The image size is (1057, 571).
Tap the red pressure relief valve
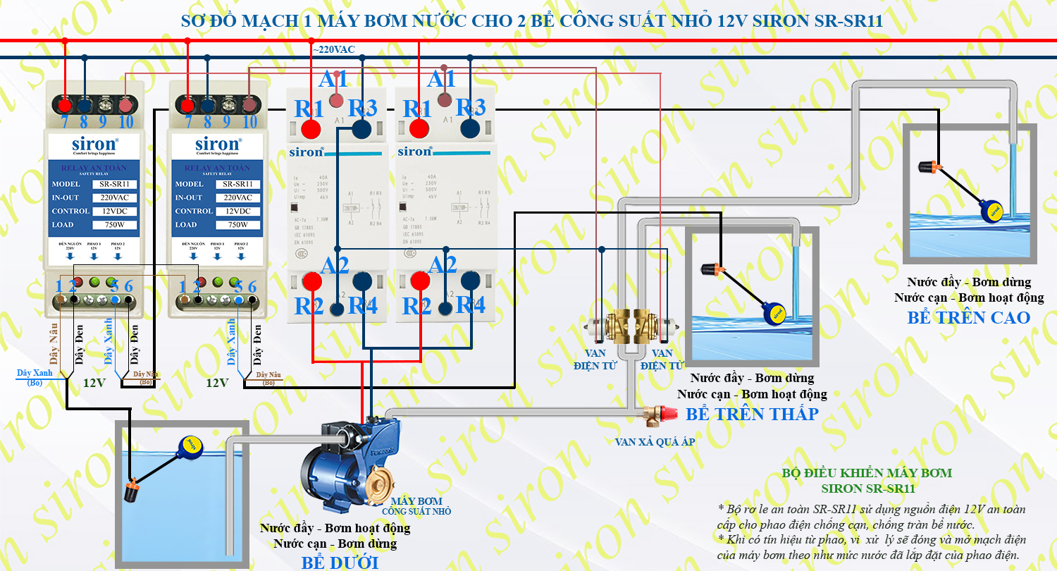coord(656,417)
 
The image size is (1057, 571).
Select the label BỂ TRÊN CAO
coord(969,317)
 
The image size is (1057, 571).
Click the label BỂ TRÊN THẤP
coord(752,414)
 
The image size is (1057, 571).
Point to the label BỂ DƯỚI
coord(340,563)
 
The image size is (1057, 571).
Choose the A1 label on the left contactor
coord(333,79)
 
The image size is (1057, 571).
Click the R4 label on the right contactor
coord(470,305)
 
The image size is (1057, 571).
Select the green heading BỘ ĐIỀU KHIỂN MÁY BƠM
coord(867,472)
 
